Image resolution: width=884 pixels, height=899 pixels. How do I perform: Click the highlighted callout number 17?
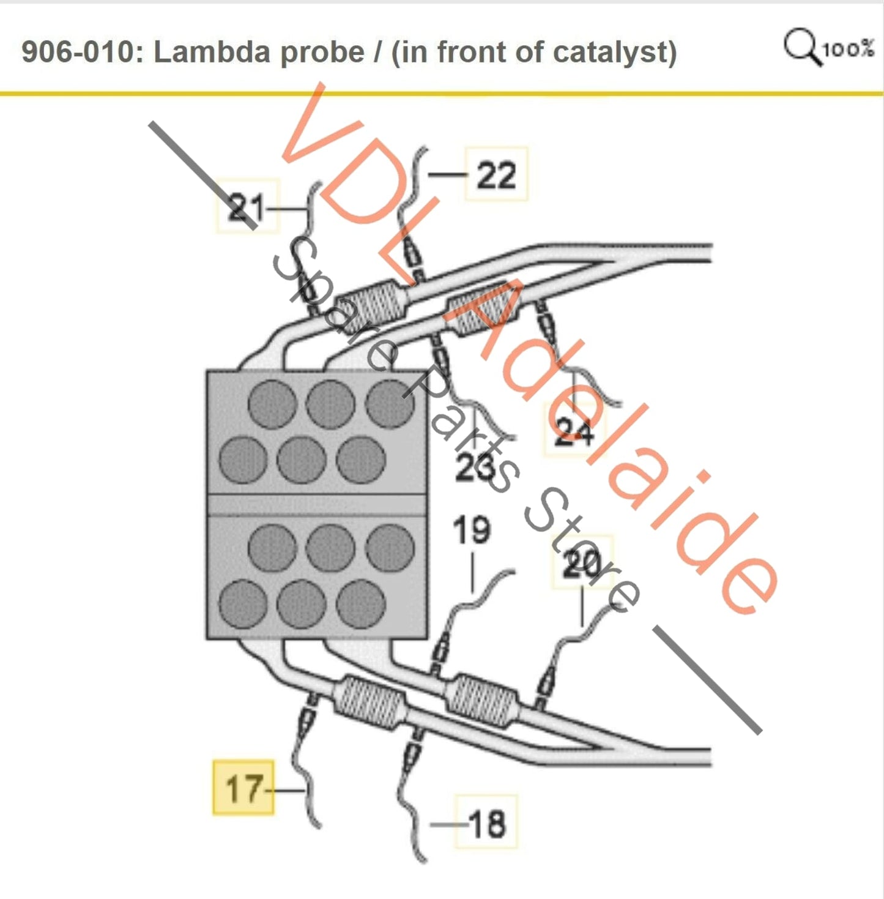tap(243, 788)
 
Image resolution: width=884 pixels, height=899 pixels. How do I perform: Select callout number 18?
tap(487, 823)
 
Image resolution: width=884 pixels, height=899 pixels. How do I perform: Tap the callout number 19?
tap(471, 530)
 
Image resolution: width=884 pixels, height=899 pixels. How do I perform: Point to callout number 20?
tap(582, 564)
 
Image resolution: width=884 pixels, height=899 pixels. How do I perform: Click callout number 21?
tap(246, 208)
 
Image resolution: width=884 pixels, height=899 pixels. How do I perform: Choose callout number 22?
tap(496, 175)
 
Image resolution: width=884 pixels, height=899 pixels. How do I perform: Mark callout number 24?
tap(573, 432)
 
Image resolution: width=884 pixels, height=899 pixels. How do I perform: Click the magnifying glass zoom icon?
tap(801, 45)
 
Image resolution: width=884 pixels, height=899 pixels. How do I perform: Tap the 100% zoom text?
tap(849, 49)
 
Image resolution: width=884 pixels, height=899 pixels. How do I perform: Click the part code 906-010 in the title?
tap(77, 52)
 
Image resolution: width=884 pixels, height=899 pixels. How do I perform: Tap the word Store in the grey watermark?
tap(581, 551)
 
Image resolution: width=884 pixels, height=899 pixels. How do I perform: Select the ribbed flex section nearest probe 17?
tap(370, 702)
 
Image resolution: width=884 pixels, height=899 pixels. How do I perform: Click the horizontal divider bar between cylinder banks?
tap(317, 504)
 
